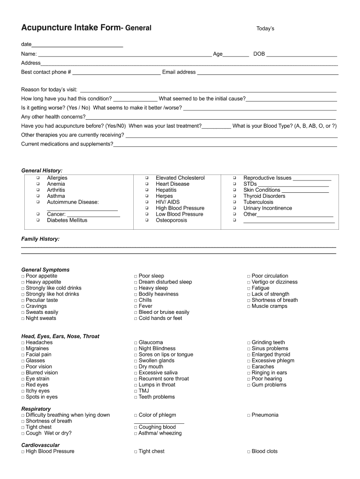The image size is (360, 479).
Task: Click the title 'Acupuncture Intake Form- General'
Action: [x=86, y=28]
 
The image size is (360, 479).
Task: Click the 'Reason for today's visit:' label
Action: [x=49, y=90]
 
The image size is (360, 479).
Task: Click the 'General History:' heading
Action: [x=42, y=171]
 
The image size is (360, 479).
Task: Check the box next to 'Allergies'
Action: [x=37, y=178]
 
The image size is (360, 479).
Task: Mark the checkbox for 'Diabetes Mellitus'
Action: [x=37, y=220]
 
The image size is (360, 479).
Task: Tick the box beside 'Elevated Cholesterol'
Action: [x=146, y=178]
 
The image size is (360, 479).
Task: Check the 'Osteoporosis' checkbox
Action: [x=146, y=220]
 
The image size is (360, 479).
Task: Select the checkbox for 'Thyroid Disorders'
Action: [x=234, y=196]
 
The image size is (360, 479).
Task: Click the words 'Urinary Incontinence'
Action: [x=267, y=208]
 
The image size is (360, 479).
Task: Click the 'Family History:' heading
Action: [x=41, y=239]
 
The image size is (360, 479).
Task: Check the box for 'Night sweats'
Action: [x=23, y=319]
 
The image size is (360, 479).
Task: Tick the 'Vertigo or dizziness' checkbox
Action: [x=249, y=282]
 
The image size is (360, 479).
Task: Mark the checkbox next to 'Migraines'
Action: [x=23, y=349]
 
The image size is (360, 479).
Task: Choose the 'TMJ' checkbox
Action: [x=136, y=391]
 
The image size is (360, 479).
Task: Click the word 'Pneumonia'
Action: [x=265, y=415]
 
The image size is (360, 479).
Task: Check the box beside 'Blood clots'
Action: [x=249, y=452]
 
